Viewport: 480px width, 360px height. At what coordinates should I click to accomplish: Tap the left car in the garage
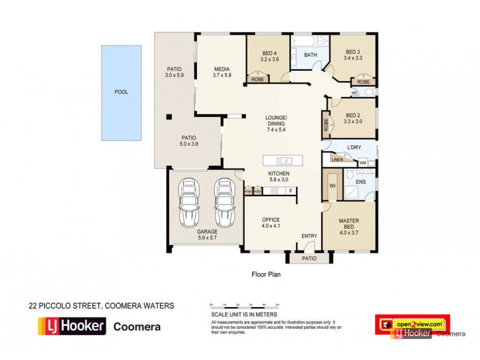[x=190, y=200]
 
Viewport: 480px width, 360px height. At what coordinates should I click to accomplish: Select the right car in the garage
[x=224, y=200]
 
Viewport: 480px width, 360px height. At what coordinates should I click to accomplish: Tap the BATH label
[x=310, y=55]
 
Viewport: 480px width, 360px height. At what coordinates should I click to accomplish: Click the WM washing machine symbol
[x=362, y=162]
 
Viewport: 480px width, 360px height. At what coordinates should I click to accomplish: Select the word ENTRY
[x=309, y=236]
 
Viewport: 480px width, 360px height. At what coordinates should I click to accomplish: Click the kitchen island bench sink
[x=286, y=160]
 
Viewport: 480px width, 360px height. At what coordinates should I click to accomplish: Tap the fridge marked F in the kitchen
[x=290, y=191]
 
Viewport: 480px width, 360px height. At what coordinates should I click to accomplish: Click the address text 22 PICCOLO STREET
[x=67, y=305]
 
